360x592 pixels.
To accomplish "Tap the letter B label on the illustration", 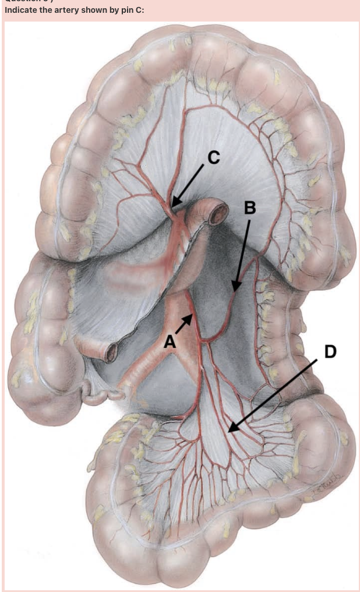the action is (249, 208).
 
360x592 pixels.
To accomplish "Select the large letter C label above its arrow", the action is (214, 156).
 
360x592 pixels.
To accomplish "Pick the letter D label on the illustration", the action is (329, 352).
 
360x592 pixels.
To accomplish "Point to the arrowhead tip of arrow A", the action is (193, 314).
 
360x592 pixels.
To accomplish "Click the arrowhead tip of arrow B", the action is (234, 290).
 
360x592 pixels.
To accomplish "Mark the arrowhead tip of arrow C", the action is (172, 207).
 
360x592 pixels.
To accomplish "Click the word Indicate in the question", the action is (20, 10).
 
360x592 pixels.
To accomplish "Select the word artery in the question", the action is (62, 10).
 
